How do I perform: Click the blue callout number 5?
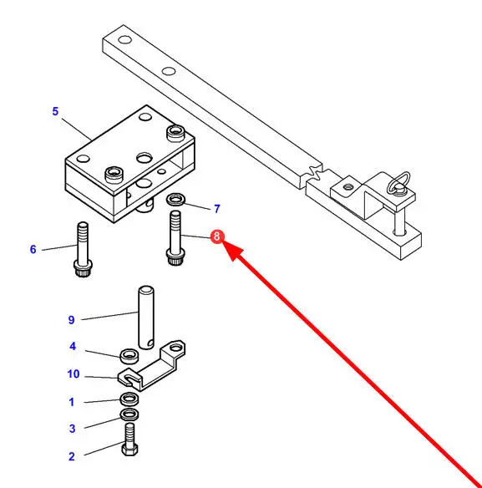point(55,111)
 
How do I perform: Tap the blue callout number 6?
point(33,249)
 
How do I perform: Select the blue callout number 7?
point(217,209)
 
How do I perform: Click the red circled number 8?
point(217,236)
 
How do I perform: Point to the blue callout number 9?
point(71,320)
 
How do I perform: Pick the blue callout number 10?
point(74,374)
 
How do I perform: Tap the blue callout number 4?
point(73,347)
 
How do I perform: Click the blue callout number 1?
point(72,402)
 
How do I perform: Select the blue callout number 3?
point(72,429)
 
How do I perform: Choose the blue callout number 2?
point(72,456)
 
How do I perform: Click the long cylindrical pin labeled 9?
point(146,318)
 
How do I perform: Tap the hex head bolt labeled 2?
point(129,440)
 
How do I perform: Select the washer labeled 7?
point(175,199)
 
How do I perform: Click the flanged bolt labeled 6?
point(83,249)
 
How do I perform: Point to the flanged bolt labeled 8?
point(175,238)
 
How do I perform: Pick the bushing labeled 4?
point(129,356)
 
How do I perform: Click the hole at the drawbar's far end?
point(125,40)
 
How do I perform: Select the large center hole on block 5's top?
point(145,159)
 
